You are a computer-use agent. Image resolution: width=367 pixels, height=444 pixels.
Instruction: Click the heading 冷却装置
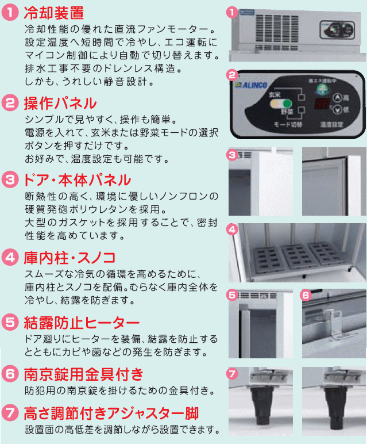[x=55, y=12]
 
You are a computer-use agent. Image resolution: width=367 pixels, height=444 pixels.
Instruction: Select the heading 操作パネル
[x=60, y=104]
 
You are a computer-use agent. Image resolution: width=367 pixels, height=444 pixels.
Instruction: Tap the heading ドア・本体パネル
[x=78, y=179]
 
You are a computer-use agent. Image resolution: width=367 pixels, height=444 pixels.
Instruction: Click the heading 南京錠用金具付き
[x=83, y=375]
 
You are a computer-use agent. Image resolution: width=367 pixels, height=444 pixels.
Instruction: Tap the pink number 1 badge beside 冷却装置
[x=11, y=13]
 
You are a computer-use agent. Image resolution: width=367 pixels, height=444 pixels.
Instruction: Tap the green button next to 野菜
[x=283, y=105]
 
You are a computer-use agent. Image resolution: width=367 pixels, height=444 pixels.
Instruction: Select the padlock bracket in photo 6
[x=334, y=323]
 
